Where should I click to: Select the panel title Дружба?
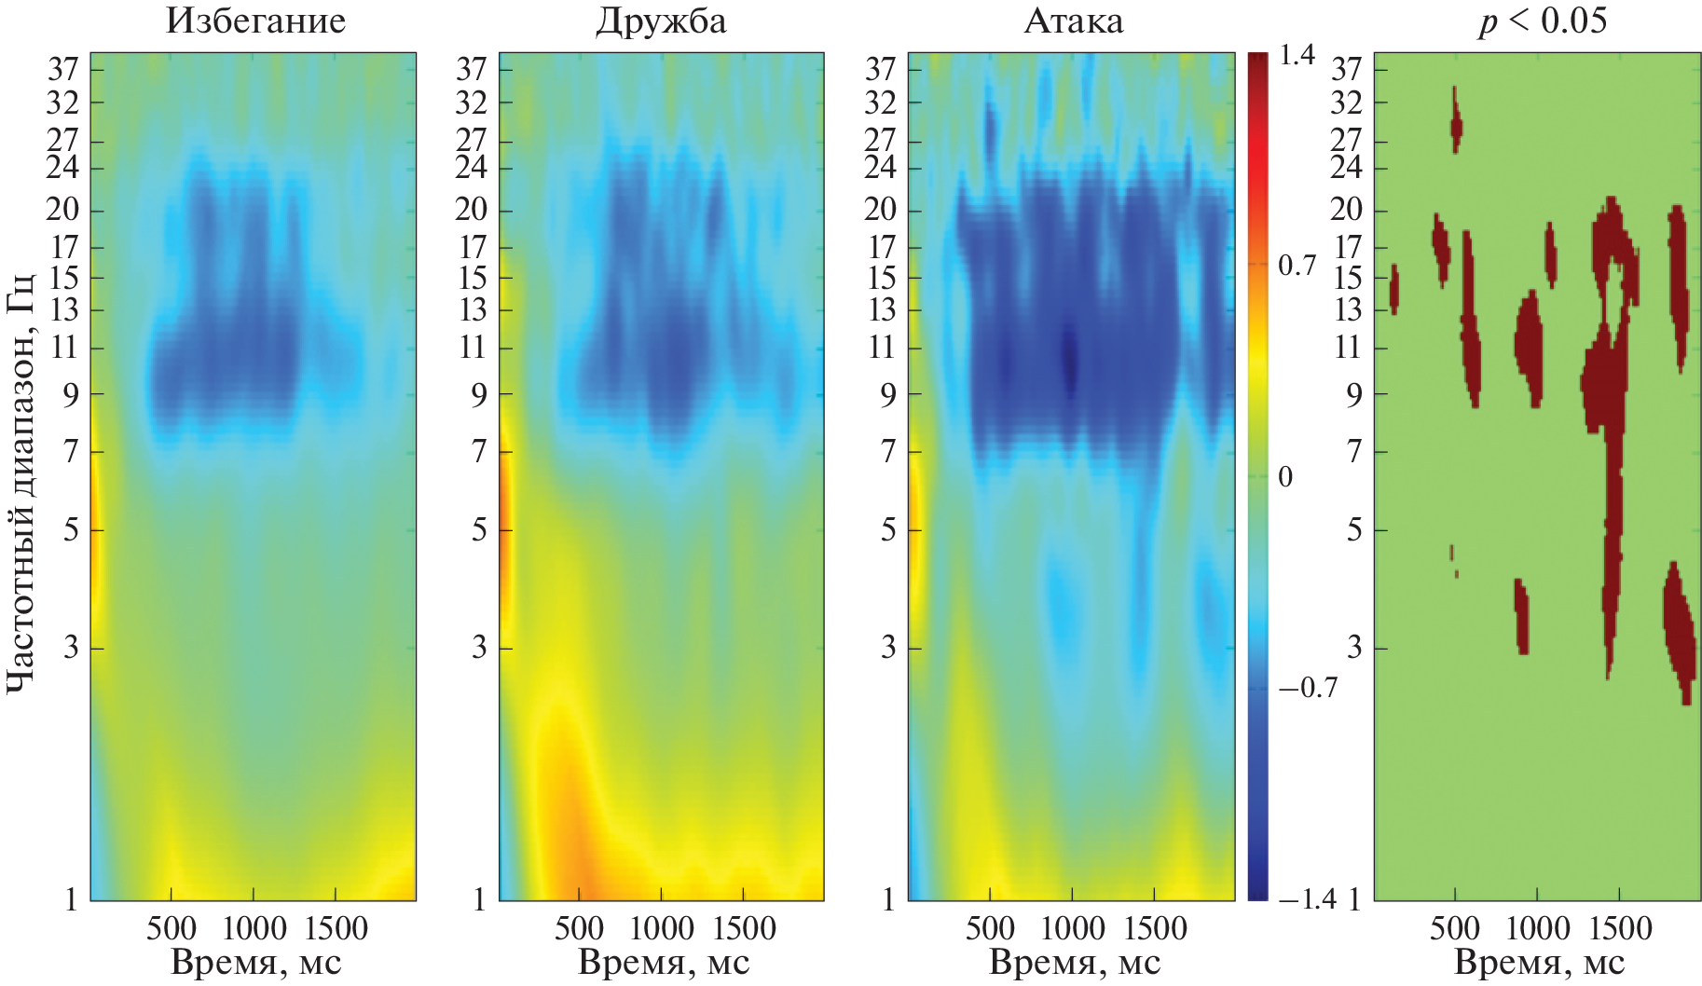(661, 21)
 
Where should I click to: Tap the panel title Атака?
(1073, 21)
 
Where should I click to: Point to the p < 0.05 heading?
(1542, 21)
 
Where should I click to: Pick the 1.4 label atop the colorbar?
(1297, 56)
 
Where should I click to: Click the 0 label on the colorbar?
(1285, 477)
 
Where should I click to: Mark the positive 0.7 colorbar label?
(1297, 267)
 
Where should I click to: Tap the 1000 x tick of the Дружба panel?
(661, 928)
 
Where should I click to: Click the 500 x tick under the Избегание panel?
(171, 928)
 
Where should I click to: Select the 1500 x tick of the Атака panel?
(1155, 928)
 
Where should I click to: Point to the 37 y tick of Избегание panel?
(63, 68)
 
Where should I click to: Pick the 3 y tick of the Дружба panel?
(479, 647)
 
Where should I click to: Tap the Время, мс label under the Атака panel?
(1074, 963)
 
